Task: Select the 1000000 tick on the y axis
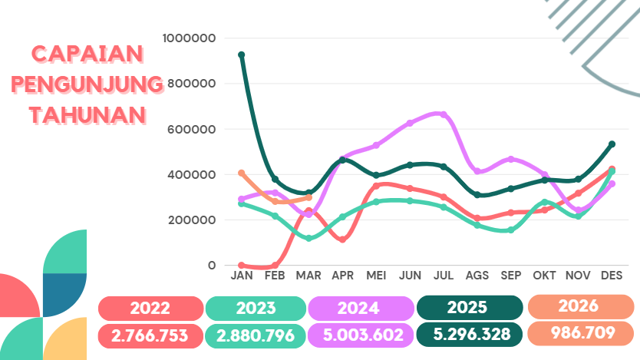(x=190, y=38)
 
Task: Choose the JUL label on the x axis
(x=444, y=275)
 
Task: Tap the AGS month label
(x=477, y=275)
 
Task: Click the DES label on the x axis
(x=612, y=275)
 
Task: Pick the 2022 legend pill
(x=150, y=309)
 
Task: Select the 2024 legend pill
(x=358, y=309)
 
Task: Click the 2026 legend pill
(x=579, y=306)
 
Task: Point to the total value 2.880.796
(x=256, y=335)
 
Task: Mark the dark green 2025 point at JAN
(x=242, y=55)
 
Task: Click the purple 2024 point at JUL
(x=444, y=115)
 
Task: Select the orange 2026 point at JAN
(x=242, y=173)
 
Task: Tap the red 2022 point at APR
(x=342, y=239)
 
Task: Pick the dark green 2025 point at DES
(x=612, y=144)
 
